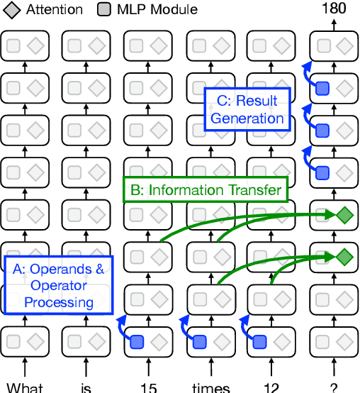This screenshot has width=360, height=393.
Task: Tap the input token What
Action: click(x=25, y=387)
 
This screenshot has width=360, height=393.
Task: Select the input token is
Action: click(x=87, y=387)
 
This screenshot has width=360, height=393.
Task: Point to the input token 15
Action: click(x=150, y=387)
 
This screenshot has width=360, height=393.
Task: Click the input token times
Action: click(x=211, y=387)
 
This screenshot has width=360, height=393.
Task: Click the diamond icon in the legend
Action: click(x=12, y=10)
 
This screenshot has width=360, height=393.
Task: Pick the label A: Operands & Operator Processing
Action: click(x=59, y=285)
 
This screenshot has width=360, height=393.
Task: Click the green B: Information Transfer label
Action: click(x=207, y=190)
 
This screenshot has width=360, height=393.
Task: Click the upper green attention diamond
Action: click(x=345, y=214)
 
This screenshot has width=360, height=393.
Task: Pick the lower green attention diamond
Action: click(x=345, y=255)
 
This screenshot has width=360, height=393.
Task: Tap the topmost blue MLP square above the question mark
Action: click(x=323, y=89)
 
